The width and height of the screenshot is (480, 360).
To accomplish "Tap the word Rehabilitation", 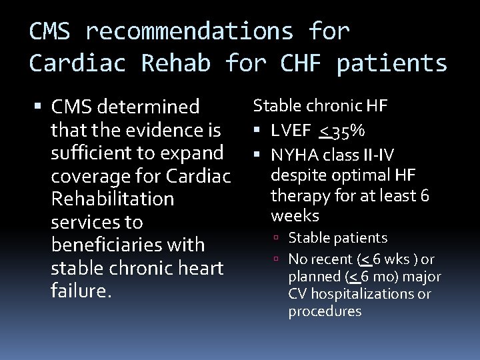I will click(x=113, y=199).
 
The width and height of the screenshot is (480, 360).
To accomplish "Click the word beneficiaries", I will click(x=109, y=245).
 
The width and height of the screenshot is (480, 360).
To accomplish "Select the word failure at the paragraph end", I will click(x=78, y=291).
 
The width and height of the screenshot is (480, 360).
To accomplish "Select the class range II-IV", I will click(x=378, y=155).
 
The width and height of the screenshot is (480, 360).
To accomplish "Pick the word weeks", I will click(x=295, y=216).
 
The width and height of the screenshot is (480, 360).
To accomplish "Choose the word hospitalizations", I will click(x=369, y=294).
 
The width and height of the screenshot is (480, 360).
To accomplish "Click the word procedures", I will click(x=325, y=311).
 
